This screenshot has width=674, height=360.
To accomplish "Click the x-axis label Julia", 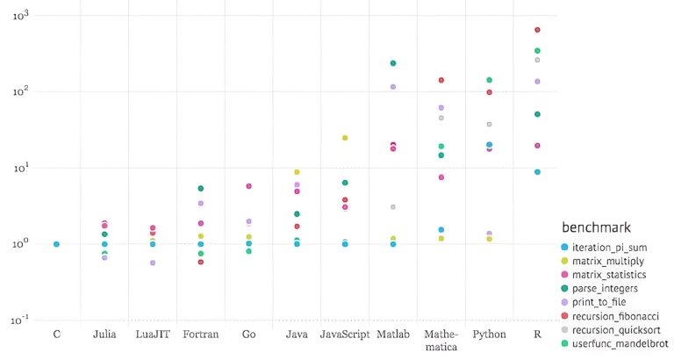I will pyautogui.click(x=104, y=335).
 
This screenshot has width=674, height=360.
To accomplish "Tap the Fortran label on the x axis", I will pyautogui.click(x=200, y=335).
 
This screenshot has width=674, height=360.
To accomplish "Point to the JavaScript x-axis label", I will pyautogui.click(x=345, y=335).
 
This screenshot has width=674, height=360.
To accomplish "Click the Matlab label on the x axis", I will pyautogui.click(x=393, y=335).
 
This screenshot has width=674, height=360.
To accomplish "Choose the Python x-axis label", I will pyautogui.click(x=489, y=335).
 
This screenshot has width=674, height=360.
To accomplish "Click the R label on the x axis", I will pyautogui.click(x=537, y=335).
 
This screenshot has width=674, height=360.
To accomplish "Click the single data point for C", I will pyautogui.click(x=56, y=244).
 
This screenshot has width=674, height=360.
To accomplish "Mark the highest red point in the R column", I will pyautogui.click(x=537, y=30).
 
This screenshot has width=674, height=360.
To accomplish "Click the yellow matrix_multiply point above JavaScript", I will pyautogui.click(x=345, y=138).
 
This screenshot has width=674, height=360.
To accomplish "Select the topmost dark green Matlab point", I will pyautogui.click(x=393, y=63).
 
